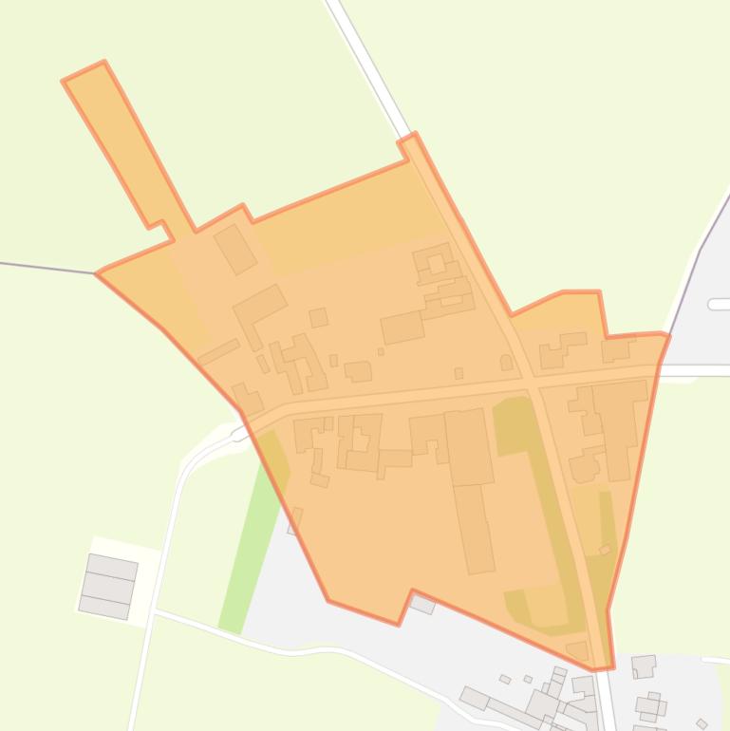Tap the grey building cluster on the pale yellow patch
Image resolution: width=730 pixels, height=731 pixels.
(108, 586)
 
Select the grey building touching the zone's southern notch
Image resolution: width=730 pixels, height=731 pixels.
(422, 603)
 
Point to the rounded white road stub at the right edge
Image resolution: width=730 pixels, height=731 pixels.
(719, 304)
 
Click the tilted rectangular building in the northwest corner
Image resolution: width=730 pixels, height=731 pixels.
(235, 249)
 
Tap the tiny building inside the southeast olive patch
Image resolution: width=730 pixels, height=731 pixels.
(605, 549)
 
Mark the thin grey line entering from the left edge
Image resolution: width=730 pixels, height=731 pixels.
(47, 267)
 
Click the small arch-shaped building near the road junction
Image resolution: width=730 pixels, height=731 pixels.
(506, 362)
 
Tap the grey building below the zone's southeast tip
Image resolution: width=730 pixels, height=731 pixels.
(644, 666)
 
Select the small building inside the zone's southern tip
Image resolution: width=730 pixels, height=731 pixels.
(577, 650)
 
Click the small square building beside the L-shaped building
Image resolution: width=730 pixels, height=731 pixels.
(318, 317)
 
